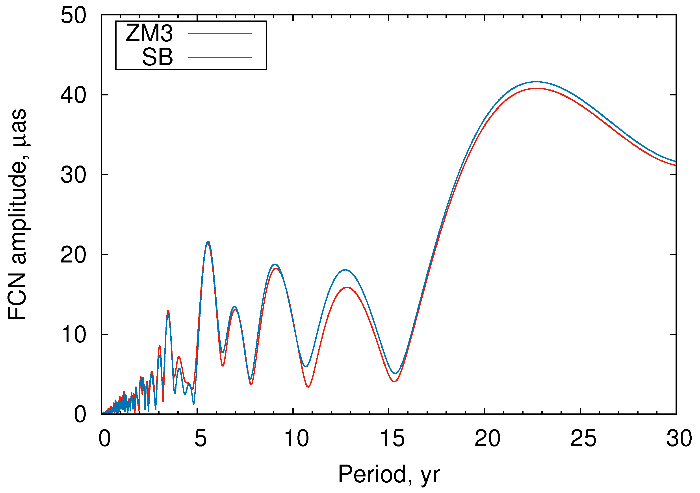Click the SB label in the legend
[157, 57]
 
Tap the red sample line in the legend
[220, 33]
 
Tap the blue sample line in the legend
[220, 57]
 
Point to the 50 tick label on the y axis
[73, 15]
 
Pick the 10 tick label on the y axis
[73, 335]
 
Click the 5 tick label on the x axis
[200, 438]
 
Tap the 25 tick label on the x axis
[583, 438]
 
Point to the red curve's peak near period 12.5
[347, 287]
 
